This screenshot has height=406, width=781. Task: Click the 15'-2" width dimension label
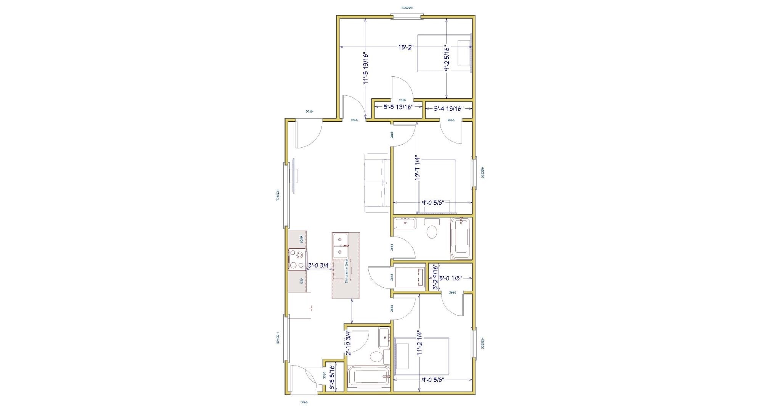406,47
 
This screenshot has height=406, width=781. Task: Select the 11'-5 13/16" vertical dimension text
366,68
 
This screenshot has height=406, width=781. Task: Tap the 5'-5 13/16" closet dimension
399,108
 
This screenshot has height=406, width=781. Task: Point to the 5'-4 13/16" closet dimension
448,109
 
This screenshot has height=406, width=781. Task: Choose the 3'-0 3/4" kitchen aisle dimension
319,266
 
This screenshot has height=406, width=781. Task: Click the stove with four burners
297,259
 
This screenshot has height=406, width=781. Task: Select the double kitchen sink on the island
341,246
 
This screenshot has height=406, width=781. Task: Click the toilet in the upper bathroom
432,231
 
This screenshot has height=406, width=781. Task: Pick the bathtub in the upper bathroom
461,238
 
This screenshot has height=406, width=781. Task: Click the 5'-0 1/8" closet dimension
450,278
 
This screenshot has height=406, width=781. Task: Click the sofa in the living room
376,183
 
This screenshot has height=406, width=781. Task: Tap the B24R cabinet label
301,240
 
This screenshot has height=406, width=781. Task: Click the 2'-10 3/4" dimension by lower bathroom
348,343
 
